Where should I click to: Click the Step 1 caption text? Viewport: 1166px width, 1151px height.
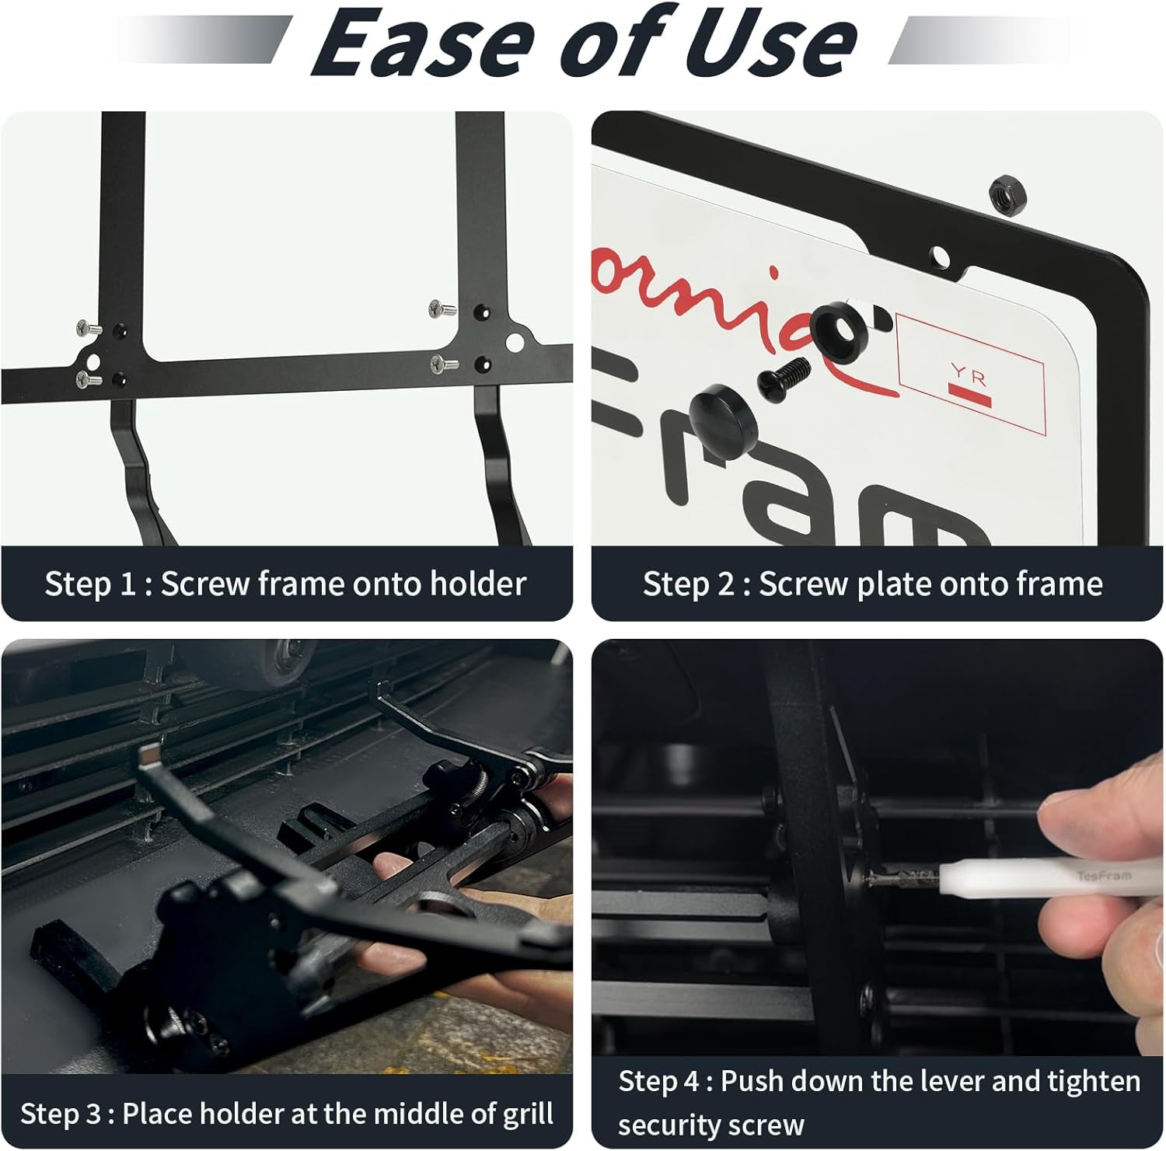point(285,584)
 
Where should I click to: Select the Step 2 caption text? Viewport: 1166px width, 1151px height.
point(872,584)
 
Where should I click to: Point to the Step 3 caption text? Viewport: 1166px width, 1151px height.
point(287,1114)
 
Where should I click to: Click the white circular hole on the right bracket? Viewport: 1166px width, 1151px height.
point(515,342)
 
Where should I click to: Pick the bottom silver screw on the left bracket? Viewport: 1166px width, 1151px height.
point(89,379)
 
